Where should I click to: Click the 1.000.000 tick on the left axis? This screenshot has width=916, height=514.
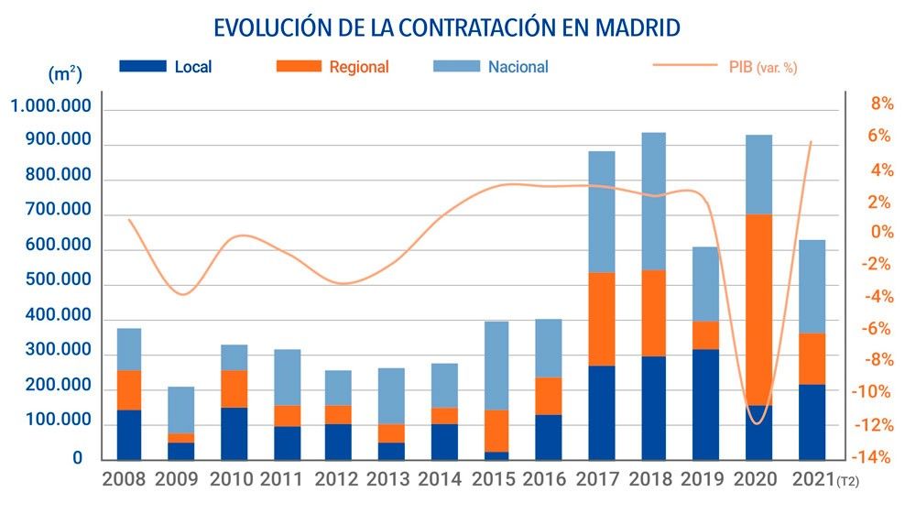point(50,107)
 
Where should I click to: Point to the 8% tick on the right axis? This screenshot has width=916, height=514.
point(882,104)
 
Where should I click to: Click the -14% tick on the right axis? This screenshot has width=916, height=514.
point(876,457)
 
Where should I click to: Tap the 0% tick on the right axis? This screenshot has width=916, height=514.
point(882,233)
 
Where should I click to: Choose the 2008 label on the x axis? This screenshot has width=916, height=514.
point(124,479)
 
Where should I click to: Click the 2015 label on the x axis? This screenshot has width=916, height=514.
point(495,479)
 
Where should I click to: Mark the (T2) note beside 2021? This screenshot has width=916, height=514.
point(849,482)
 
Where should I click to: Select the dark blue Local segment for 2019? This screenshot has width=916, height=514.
point(705,403)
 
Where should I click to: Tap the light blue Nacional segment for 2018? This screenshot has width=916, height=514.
point(653,202)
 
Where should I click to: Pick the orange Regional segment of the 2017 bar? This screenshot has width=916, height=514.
point(601,319)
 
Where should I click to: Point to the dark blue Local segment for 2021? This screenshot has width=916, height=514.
point(812,421)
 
